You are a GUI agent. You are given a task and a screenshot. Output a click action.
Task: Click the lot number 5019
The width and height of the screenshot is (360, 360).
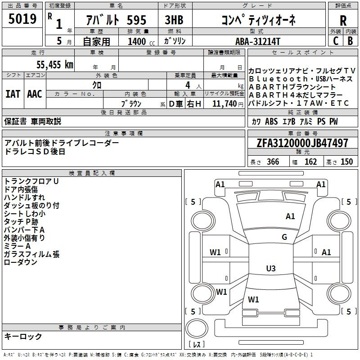click(x=22, y=18)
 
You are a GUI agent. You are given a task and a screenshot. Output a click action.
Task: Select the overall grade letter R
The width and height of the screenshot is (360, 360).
click(x=343, y=21)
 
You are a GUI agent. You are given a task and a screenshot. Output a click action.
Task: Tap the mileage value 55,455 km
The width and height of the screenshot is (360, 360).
click(x=55, y=64)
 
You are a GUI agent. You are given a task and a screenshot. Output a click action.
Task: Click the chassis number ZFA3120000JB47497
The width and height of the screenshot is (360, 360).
click(x=302, y=143)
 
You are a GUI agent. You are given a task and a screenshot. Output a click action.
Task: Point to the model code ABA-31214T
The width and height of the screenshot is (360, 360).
click(x=258, y=41)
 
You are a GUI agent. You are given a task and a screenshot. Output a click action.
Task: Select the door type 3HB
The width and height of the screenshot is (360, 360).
click(x=174, y=20)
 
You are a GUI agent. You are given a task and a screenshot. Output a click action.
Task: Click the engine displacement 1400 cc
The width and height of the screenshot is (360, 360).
click(x=141, y=41)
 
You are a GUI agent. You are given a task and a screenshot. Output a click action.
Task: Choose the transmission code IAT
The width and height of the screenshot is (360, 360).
click(x=13, y=94)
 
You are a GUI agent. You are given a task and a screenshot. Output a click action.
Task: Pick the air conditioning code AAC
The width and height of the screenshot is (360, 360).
click(x=35, y=94)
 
